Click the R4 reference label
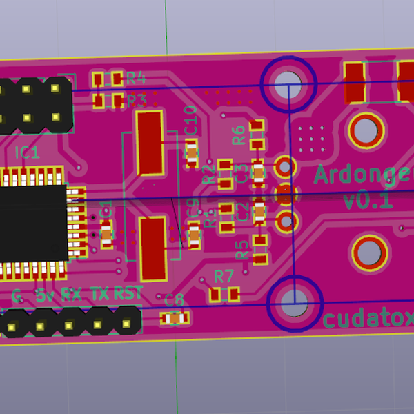tap(136, 77)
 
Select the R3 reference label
tap(136, 101)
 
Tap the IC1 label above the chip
tap(27, 152)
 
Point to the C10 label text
tap(191, 121)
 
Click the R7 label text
tap(224, 276)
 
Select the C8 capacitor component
tap(175, 318)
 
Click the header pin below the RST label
tap(127, 322)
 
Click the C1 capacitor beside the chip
tap(106, 235)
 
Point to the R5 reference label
tap(241, 250)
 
